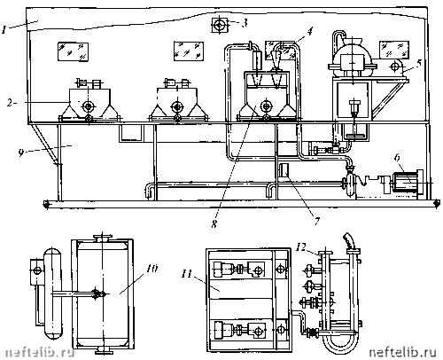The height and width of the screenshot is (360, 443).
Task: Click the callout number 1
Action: tap(4, 29)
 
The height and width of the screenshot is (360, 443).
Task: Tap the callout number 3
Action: tap(244, 23)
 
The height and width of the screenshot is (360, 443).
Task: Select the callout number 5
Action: tap(418, 64)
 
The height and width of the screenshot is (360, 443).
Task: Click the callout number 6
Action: tap(397, 158)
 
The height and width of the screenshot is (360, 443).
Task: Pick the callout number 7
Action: tap(317, 221)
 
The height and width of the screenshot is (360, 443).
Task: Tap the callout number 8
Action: tap(214, 224)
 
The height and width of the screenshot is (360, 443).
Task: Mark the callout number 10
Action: tap(152, 269)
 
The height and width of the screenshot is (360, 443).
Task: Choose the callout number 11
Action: tap(187, 274)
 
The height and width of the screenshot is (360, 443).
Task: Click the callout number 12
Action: tap(301, 247)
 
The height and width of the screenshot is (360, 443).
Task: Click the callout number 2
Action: tap(11, 103)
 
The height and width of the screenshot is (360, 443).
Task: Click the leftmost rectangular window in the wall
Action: tap(73, 51)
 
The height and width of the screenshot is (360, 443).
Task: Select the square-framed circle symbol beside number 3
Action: tap(219, 25)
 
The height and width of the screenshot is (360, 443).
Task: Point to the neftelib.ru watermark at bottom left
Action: tap(40, 353)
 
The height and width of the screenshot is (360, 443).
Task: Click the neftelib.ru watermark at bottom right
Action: tap(403, 352)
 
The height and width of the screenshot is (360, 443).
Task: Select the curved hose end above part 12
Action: tap(349, 241)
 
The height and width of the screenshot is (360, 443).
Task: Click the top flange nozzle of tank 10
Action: tap(102, 238)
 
